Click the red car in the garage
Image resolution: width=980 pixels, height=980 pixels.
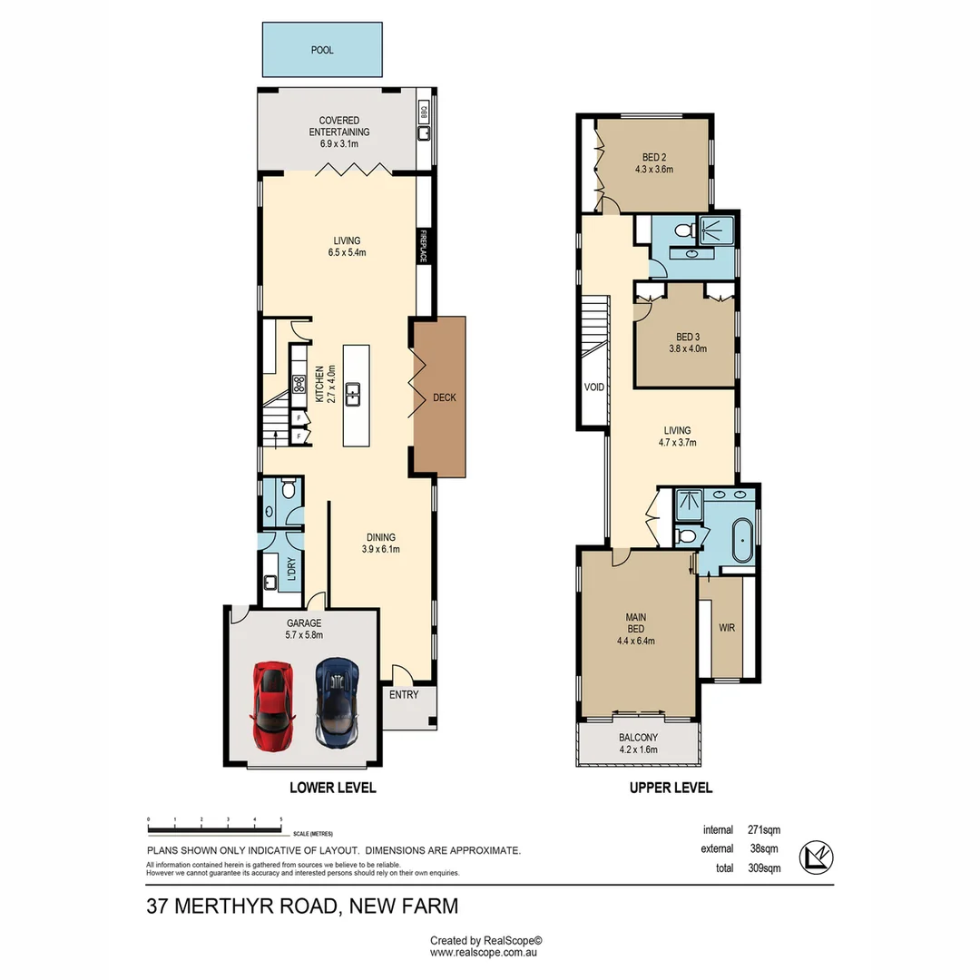(x=273, y=705)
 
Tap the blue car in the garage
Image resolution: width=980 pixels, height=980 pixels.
(x=337, y=701)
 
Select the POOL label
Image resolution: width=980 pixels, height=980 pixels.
(x=322, y=50)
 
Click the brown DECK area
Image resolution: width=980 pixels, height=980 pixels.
(x=442, y=397)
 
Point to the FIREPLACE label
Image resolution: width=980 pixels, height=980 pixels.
(x=422, y=246)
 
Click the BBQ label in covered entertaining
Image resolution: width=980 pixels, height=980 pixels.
(x=423, y=112)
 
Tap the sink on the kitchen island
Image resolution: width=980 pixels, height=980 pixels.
(x=357, y=394)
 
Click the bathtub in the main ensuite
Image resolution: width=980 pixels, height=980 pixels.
(x=742, y=543)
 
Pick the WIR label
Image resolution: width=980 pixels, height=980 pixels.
(x=727, y=627)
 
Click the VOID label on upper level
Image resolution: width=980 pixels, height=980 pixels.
(x=594, y=387)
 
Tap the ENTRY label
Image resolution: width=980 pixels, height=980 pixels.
(x=404, y=695)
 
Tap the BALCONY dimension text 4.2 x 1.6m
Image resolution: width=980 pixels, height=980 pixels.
(x=638, y=750)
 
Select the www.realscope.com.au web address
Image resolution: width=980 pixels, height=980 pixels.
(x=485, y=953)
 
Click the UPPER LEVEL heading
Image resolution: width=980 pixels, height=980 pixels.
(x=671, y=788)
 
